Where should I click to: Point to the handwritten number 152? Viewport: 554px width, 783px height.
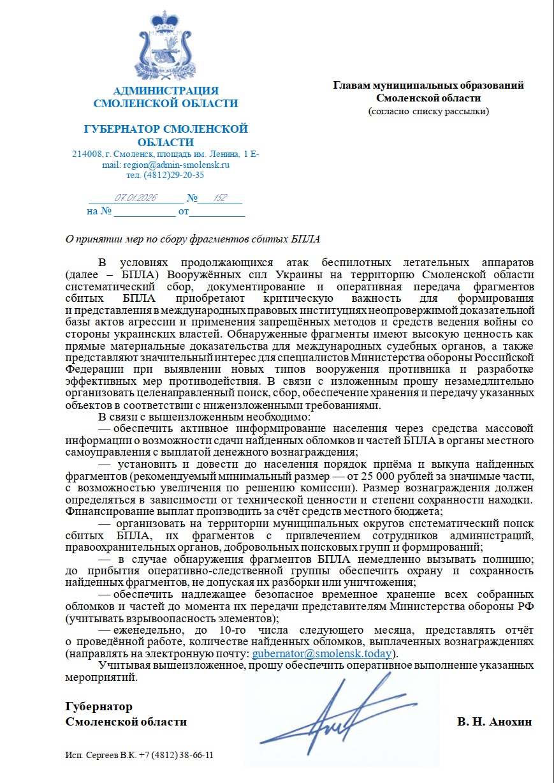pyautogui.click(x=221, y=198)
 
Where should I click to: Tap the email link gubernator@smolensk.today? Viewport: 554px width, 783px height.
pyautogui.click(x=322, y=654)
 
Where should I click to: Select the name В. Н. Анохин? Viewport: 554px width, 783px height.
pyautogui.click(x=494, y=722)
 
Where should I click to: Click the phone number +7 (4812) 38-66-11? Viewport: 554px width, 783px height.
pyautogui.click(x=177, y=755)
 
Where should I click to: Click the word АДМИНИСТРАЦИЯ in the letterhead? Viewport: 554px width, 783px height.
pyautogui.click(x=166, y=91)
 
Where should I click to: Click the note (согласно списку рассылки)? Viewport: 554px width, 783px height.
pyautogui.click(x=428, y=111)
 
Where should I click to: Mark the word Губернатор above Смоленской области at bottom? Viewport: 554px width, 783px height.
pyautogui.click(x=99, y=706)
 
